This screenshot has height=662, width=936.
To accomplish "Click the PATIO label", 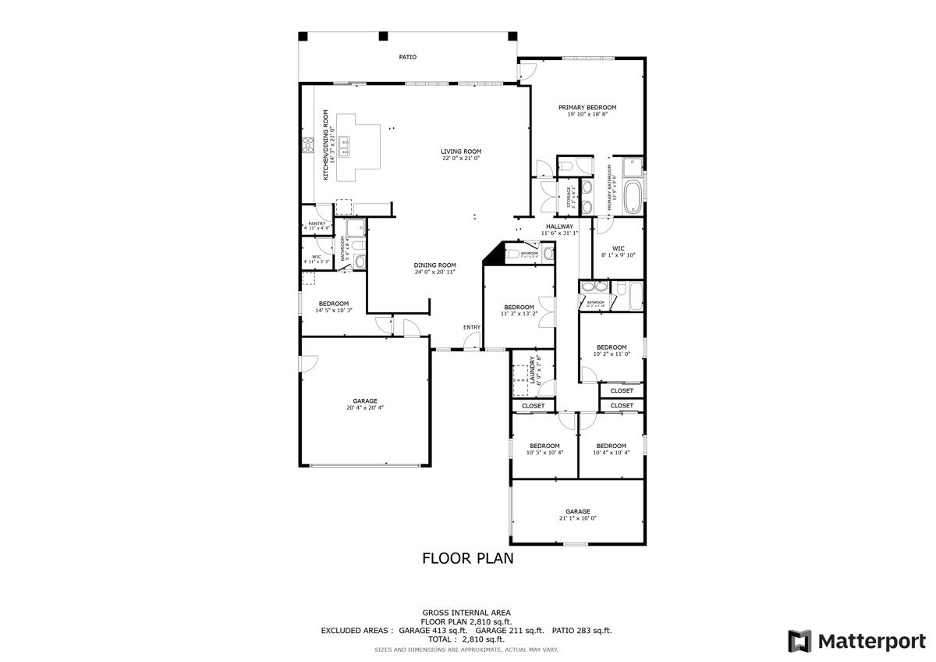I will pyautogui.click(x=407, y=57).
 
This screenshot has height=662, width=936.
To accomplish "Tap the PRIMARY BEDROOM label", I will pyautogui.click(x=587, y=107).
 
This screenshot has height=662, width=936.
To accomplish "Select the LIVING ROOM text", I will pyautogui.click(x=460, y=151).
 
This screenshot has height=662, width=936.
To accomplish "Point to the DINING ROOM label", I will pyautogui.click(x=434, y=265).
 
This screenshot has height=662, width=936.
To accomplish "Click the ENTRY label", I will pyautogui.click(x=471, y=327).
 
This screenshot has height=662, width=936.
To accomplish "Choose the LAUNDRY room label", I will pyautogui.click(x=533, y=370).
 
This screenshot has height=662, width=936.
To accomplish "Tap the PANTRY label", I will pyautogui.click(x=316, y=223).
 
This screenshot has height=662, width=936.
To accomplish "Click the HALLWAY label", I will pyautogui.click(x=559, y=226).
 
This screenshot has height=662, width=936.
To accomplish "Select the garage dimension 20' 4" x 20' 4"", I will pyautogui.click(x=365, y=408).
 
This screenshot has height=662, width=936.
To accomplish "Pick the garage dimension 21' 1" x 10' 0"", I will pyautogui.click(x=577, y=518).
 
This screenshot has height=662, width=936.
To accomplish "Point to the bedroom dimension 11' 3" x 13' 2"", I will pyautogui.click(x=519, y=314).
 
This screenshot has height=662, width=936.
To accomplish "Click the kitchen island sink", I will pyautogui.click(x=343, y=145).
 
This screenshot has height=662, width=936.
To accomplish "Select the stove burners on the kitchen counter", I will pyautogui.click(x=307, y=145).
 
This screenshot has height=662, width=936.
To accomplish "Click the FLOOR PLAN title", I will pyautogui.click(x=467, y=558).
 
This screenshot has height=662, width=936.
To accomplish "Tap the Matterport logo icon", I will pyautogui.click(x=799, y=641).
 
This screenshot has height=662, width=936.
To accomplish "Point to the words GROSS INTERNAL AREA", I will pyautogui.click(x=466, y=613).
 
